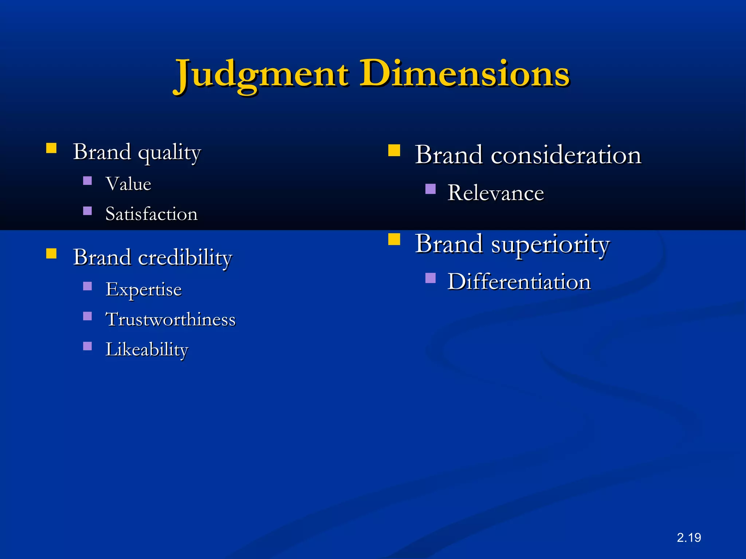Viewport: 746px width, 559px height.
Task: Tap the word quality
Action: point(169,153)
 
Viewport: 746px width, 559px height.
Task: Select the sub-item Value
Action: point(128,184)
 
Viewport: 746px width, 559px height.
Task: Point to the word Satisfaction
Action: point(152,214)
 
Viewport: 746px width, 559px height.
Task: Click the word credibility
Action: point(185,258)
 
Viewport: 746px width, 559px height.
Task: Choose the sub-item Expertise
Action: point(144,290)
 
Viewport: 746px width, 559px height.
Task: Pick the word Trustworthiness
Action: point(170,320)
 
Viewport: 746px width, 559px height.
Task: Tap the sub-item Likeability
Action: point(147,350)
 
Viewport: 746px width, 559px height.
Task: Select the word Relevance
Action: point(496,193)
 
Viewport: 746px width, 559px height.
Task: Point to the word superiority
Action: point(550,244)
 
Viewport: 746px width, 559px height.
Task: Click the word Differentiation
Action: point(519,282)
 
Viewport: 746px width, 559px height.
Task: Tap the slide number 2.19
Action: point(689,538)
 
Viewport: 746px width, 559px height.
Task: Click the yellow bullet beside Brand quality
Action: point(51,148)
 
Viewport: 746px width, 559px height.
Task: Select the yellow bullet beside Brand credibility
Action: point(51,253)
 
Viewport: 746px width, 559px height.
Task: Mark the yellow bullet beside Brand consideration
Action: point(394,150)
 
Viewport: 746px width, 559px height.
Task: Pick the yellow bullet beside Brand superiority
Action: point(394,239)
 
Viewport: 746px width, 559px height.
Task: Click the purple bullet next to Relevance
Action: point(431,189)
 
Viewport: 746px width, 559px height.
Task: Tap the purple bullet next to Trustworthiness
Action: point(87,316)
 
